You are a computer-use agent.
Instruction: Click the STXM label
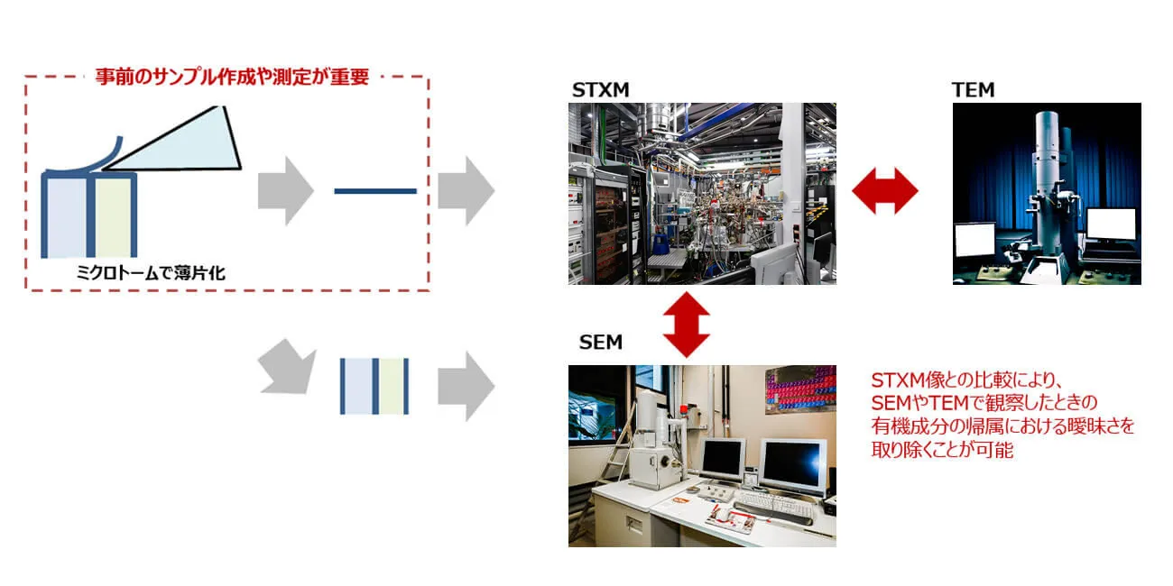[x=600, y=90]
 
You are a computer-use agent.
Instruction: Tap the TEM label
[x=973, y=90]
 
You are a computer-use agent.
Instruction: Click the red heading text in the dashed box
[x=232, y=78]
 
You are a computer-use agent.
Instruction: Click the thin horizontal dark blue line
[x=374, y=191]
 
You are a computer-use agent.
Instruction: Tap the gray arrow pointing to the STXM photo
[x=466, y=191]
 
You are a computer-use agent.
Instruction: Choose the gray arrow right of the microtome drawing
[x=285, y=191]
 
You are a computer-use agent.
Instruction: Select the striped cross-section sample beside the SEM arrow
[x=375, y=386]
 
